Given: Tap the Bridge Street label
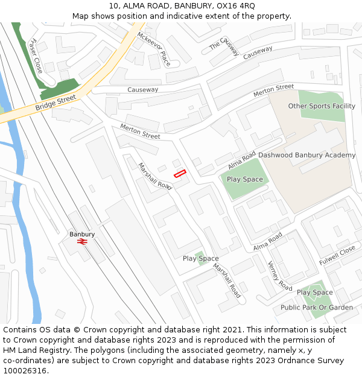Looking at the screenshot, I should [56, 103].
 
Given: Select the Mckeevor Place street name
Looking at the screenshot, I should [154, 48].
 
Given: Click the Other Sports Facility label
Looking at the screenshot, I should [322, 106].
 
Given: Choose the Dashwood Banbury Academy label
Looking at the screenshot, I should [306, 155].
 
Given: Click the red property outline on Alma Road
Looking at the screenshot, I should [180, 174].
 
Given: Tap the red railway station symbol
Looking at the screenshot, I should [82, 242].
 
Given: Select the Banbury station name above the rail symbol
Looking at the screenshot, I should [82, 234].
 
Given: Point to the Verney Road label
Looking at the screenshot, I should [279, 276].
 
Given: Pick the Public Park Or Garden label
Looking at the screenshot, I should [317, 307].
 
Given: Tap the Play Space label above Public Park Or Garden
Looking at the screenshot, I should [314, 293].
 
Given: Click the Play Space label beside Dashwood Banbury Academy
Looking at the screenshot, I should [244, 179].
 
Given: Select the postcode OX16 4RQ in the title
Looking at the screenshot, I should [235, 6].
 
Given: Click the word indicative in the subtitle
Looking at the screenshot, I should [177, 16].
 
